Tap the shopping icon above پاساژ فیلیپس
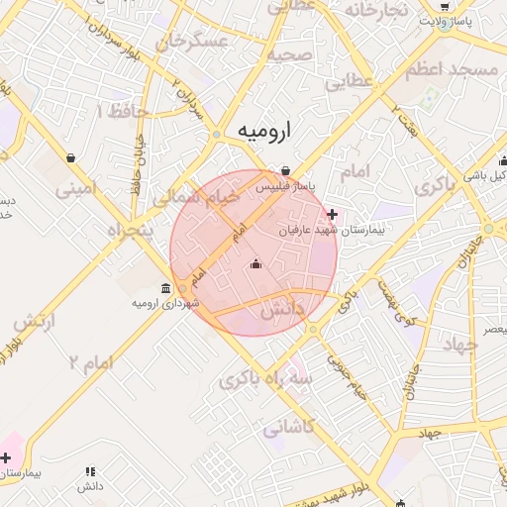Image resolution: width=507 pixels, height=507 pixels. pos(285,170)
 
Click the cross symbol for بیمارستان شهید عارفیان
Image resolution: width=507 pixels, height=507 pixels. pos(332,214)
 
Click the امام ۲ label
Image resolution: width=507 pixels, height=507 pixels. pos(91,362)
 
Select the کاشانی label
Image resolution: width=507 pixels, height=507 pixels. pos(289,428)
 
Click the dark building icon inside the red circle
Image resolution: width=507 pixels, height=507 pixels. pos(257,263)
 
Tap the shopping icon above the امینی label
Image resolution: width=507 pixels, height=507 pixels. pos(71,157)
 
